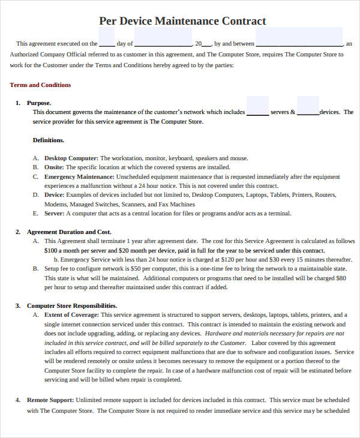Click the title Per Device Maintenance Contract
click(x=182, y=21)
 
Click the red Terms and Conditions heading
click(x=40, y=85)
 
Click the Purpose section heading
click(x=39, y=103)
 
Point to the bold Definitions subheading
click(x=48, y=140)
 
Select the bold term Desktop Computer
click(x=71, y=158)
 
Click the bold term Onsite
click(x=54, y=167)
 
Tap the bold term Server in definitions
click(x=54, y=214)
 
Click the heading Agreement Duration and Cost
click(x=69, y=232)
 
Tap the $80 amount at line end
click(x=341, y=278)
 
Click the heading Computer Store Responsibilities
click(x=71, y=305)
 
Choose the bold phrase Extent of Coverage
click(x=71, y=314)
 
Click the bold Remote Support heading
click(x=50, y=400)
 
